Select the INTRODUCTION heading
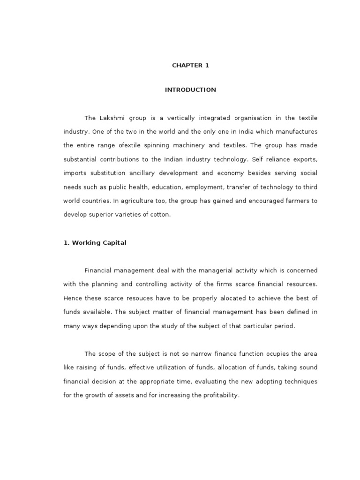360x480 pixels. point(190,90)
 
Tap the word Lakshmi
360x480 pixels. point(110,118)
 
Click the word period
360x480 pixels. point(283,326)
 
